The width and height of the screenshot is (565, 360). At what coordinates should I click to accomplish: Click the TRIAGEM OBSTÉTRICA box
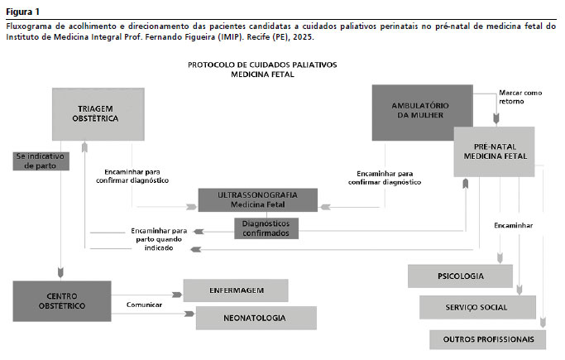(x=98, y=114)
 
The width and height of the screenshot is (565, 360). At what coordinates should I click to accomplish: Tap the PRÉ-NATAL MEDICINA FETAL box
(x=495, y=150)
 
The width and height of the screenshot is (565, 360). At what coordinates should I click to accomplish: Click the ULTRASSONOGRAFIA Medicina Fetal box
(x=258, y=199)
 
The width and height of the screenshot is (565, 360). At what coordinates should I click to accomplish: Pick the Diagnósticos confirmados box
(x=266, y=228)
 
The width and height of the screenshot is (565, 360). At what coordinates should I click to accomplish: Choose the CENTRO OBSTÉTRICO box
(x=61, y=300)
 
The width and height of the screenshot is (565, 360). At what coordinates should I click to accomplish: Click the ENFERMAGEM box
(x=235, y=290)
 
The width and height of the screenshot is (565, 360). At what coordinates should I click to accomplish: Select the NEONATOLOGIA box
(x=255, y=318)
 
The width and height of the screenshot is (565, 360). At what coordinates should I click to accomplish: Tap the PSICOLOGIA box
(x=460, y=276)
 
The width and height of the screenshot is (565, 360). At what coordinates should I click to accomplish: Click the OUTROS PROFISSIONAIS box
(x=487, y=339)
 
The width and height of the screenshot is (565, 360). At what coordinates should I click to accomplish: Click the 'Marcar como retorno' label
(x=520, y=98)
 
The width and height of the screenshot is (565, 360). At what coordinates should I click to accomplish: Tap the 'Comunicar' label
(x=144, y=305)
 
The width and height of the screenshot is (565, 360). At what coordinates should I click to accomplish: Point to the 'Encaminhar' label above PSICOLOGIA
(x=513, y=225)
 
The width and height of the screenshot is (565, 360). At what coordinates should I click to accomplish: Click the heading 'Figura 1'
(x=22, y=11)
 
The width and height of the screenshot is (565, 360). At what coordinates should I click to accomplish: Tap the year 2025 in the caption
(x=300, y=37)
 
